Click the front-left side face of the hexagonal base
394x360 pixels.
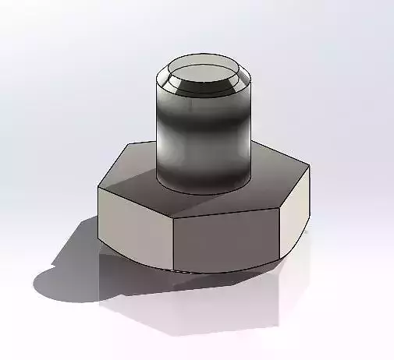click(x=133, y=226)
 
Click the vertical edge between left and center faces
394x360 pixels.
click(x=172, y=242)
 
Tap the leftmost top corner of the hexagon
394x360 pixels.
click(x=98, y=187)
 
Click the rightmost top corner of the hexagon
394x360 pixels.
click(x=309, y=165)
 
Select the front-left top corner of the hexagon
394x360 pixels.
click(x=172, y=216)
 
